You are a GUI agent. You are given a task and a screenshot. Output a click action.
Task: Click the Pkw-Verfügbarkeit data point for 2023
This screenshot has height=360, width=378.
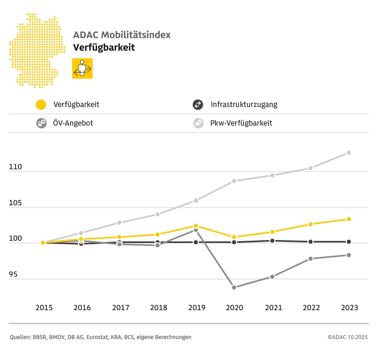pyautogui.click(x=349, y=153)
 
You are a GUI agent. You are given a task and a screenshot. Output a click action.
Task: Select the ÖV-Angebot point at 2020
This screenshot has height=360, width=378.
pyautogui.click(x=234, y=287)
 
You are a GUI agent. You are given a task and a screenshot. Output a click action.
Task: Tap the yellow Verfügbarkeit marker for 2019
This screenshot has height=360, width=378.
pyautogui.click(x=196, y=226)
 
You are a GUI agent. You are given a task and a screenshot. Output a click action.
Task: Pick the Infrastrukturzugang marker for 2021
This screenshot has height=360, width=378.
pyautogui.click(x=272, y=241)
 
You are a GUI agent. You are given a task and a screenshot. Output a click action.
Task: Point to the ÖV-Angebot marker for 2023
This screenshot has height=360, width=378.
pyautogui.click(x=349, y=255)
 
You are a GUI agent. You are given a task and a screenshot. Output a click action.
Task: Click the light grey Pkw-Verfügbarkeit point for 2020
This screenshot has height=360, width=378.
pyautogui.click(x=234, y=181)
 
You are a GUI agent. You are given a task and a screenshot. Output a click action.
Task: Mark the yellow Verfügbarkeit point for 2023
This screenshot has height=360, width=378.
pyautogui.click(x=349, y=219)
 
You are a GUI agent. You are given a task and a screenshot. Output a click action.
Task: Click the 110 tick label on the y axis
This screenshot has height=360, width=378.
pyautogui.click(x=15, y=167)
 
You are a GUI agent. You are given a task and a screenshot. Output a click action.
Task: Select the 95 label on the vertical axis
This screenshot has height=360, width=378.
pyautogui.click(x=13, y=274)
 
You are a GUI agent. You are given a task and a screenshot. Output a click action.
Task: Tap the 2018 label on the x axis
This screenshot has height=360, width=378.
pyautogui.click(x=158, y=307)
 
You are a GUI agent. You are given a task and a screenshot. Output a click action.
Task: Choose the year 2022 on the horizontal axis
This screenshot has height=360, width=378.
pyautogui.click(x=311, y=307)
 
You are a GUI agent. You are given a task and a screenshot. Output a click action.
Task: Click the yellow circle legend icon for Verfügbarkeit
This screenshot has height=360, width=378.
pyautogui.click(x=41, y=104)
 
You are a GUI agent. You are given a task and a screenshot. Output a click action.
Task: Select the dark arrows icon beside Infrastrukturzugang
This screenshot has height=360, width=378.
pyautogui.click(x=198, y=104)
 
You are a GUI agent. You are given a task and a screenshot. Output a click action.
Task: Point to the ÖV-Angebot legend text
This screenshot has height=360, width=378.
pyautogui.click(x=73, y=123)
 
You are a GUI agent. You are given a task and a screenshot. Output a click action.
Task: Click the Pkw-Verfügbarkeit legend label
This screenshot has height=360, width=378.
pyautogui.click(x=241, y=123)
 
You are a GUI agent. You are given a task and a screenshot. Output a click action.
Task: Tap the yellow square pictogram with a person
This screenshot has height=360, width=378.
pyautogui.click(x=82, y=68)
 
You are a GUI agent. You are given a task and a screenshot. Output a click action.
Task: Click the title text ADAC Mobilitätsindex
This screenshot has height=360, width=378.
pyautogui.click(x=122, y=35)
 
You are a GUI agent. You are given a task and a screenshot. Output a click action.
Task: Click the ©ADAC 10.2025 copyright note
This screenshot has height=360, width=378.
pyautogui.click(x=347, y=337)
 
